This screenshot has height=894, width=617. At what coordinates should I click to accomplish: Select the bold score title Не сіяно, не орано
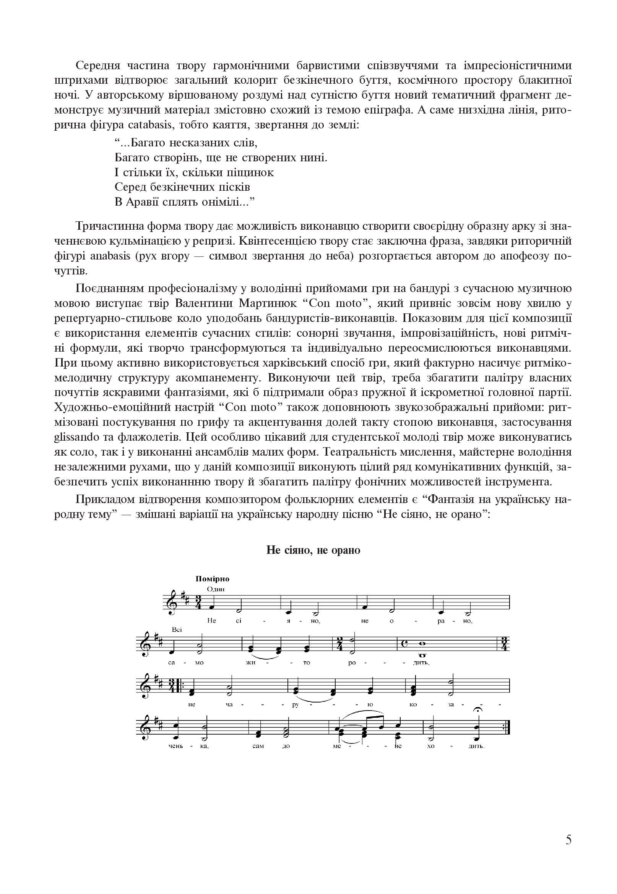[x=313, y=550]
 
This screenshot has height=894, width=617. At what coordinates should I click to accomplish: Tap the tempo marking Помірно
[x=212, y=579]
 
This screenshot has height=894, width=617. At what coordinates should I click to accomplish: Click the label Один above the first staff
[x=216, y=589]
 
